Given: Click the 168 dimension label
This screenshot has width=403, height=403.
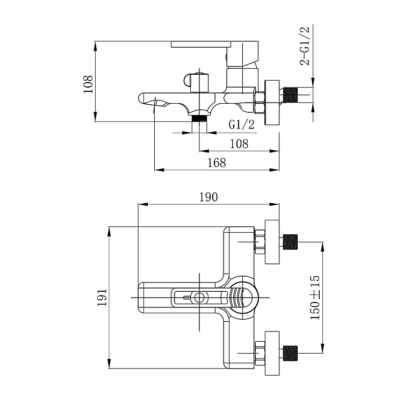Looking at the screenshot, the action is [217, 163].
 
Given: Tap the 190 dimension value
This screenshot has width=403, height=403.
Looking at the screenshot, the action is [208, 197].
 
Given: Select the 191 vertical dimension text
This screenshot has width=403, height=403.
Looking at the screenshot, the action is [102, 297].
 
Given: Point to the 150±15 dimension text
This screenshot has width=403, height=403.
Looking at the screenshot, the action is [315, 297].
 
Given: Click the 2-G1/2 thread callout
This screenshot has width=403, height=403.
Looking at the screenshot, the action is [305, 46].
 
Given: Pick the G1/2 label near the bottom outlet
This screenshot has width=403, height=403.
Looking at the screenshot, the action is [241, 125].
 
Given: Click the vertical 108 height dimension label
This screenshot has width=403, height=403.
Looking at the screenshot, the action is [88, 84].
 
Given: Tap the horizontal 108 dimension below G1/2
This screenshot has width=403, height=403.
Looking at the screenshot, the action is [239, 144].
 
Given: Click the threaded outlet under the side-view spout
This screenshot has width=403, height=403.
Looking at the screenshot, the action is [200, 118].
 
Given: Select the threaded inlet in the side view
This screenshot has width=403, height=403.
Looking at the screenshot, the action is [290, 95].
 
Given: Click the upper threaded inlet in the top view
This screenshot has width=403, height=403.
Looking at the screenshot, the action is [290, 242].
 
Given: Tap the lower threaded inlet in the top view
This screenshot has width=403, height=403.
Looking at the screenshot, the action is [290, 353].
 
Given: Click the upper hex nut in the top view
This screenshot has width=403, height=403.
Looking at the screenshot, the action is [260, 242].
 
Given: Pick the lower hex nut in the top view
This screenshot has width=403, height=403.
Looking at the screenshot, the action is [260, 354].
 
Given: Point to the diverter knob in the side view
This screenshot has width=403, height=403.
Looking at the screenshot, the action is [196, 83].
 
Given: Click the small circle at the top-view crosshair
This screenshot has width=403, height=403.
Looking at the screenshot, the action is [199, 298].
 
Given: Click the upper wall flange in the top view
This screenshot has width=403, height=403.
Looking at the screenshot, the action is [272, 242].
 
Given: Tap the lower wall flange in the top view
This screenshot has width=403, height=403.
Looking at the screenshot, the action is [272, 353].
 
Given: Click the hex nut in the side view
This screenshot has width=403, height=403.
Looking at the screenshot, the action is [260, 102].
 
